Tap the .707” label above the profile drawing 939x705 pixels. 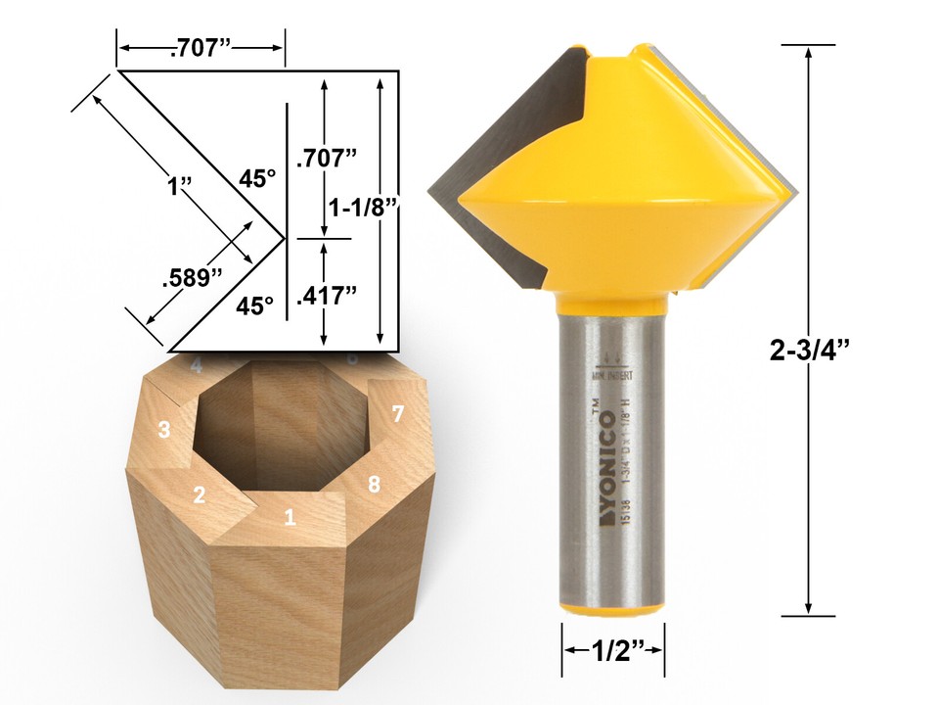point(202,47)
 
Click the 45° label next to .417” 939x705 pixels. point(254,305)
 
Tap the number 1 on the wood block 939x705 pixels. point(289,516)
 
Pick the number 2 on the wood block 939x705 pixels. point(199,494)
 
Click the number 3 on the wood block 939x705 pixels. point(163,429)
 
